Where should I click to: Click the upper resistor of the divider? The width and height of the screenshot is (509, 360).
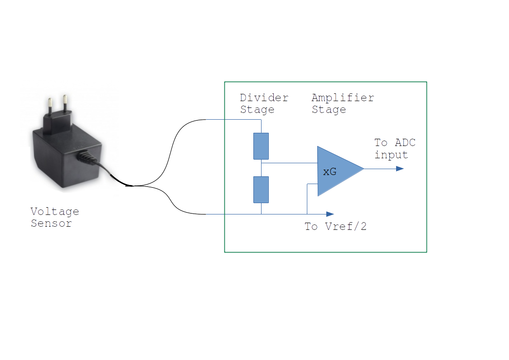click(261, 146)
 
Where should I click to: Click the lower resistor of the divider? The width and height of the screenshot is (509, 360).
click(261, 190)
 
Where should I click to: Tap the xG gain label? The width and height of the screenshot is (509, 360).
click(330, 171)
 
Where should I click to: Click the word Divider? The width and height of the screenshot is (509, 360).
click(264, 97)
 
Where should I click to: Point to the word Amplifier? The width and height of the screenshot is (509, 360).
click(343, 97)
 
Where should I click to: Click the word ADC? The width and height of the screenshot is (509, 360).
click(405, 142)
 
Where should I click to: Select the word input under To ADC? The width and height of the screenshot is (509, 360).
click(391, 155)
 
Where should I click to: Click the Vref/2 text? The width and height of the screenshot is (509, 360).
click(346, 226)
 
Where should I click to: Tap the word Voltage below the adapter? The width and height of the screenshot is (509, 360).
click(54, 212)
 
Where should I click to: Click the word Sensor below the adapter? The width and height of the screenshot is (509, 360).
click(51, 224)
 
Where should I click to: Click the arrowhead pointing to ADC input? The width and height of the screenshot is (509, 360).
click(400, 169)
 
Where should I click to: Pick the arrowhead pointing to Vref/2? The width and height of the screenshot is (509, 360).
click(330, 214)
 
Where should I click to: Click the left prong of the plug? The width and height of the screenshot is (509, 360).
click(50, 106)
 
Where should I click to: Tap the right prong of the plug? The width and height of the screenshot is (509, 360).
click(65, 104)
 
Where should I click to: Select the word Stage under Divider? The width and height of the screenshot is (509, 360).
click(257, 110)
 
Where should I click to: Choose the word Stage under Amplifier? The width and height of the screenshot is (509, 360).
click(329, 110)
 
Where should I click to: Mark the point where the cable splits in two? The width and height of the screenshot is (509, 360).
click(133, 186)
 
